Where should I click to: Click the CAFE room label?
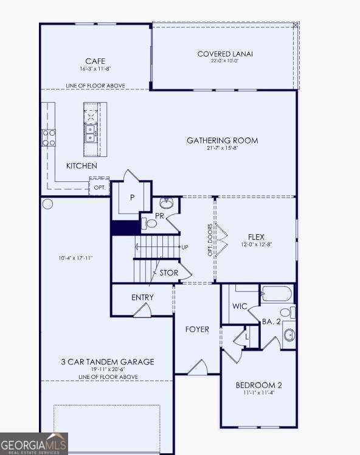pyautogui.click(x=95, y=61)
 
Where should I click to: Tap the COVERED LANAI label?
pyautogui.click(x=225, y=54)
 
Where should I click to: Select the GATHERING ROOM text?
pyautogui.click(x=222, y=141)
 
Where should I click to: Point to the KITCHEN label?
pyautogui.click(x=81, y=165)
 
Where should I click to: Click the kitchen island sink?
pyautogui.click(x=90, y=133)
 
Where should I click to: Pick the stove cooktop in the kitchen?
pyautogui.click(x=49, y=137)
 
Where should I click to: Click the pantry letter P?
pyautogui.click(x=131, y=198)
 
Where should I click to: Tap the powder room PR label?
pyautogui.click(x=160, y=216)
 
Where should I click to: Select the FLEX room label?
pyautogui.click(x=256, y=237)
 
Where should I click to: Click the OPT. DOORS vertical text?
pyautogui.click(x=210, y=240)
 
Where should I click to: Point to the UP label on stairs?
pyautogui.click(x=184, y=247)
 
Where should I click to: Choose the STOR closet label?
pyautogui.click(x=169, y=273)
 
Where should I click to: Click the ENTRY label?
pyautogui.click(x=142, y=297)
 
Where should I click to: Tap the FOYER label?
pyautogui.click(x=197, y=329)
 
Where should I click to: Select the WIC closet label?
pyautogui.click(x=240, y=306)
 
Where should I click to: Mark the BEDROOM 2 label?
pyautogui.click(x=258, y=385)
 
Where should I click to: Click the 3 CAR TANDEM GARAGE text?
pyautogui.click(x=107, y=362)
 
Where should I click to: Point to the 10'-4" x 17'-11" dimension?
pyautogui.click(x=75, y=258)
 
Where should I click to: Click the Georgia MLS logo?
pyautogui.click(x=33, y=443)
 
